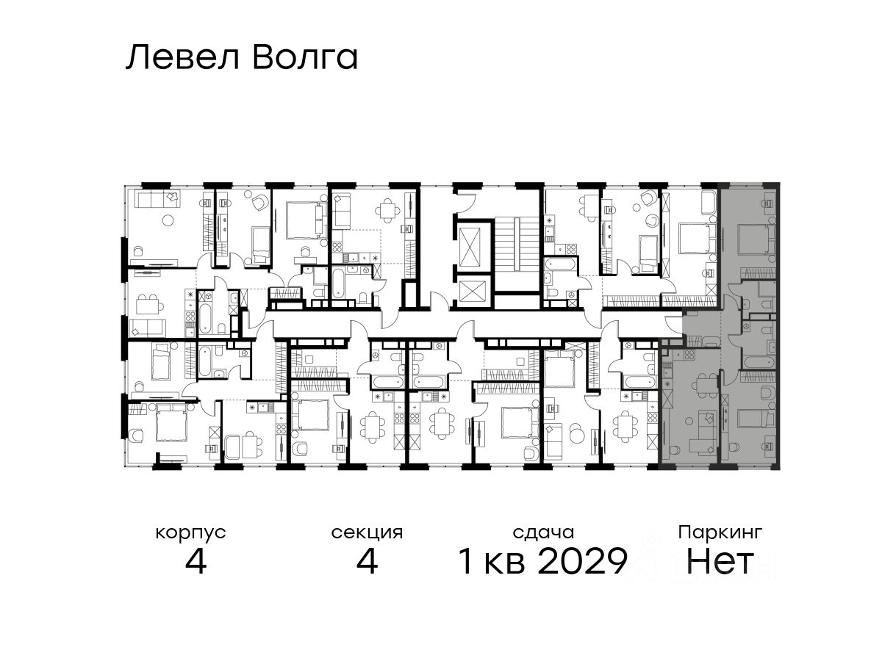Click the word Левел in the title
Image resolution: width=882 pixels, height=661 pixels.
182,57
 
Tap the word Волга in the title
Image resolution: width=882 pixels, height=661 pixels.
305,57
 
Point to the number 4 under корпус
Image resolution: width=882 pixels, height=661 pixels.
196,561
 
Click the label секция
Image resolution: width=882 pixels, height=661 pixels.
367,533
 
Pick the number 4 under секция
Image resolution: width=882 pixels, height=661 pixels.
367,561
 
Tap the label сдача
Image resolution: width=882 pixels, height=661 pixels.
543,533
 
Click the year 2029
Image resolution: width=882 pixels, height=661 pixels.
583,561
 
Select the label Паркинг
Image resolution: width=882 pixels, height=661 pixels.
720,533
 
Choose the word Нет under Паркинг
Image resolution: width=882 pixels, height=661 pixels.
720,561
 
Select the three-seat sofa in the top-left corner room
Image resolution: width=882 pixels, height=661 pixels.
157,199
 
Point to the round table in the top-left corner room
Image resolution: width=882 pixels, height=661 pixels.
168,220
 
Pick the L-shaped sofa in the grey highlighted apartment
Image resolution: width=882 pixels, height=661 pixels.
703,436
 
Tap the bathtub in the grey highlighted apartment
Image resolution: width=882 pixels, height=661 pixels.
758,362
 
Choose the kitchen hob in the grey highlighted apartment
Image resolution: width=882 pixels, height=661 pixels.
689,355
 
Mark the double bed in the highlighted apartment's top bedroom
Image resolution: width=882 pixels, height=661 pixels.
756,239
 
